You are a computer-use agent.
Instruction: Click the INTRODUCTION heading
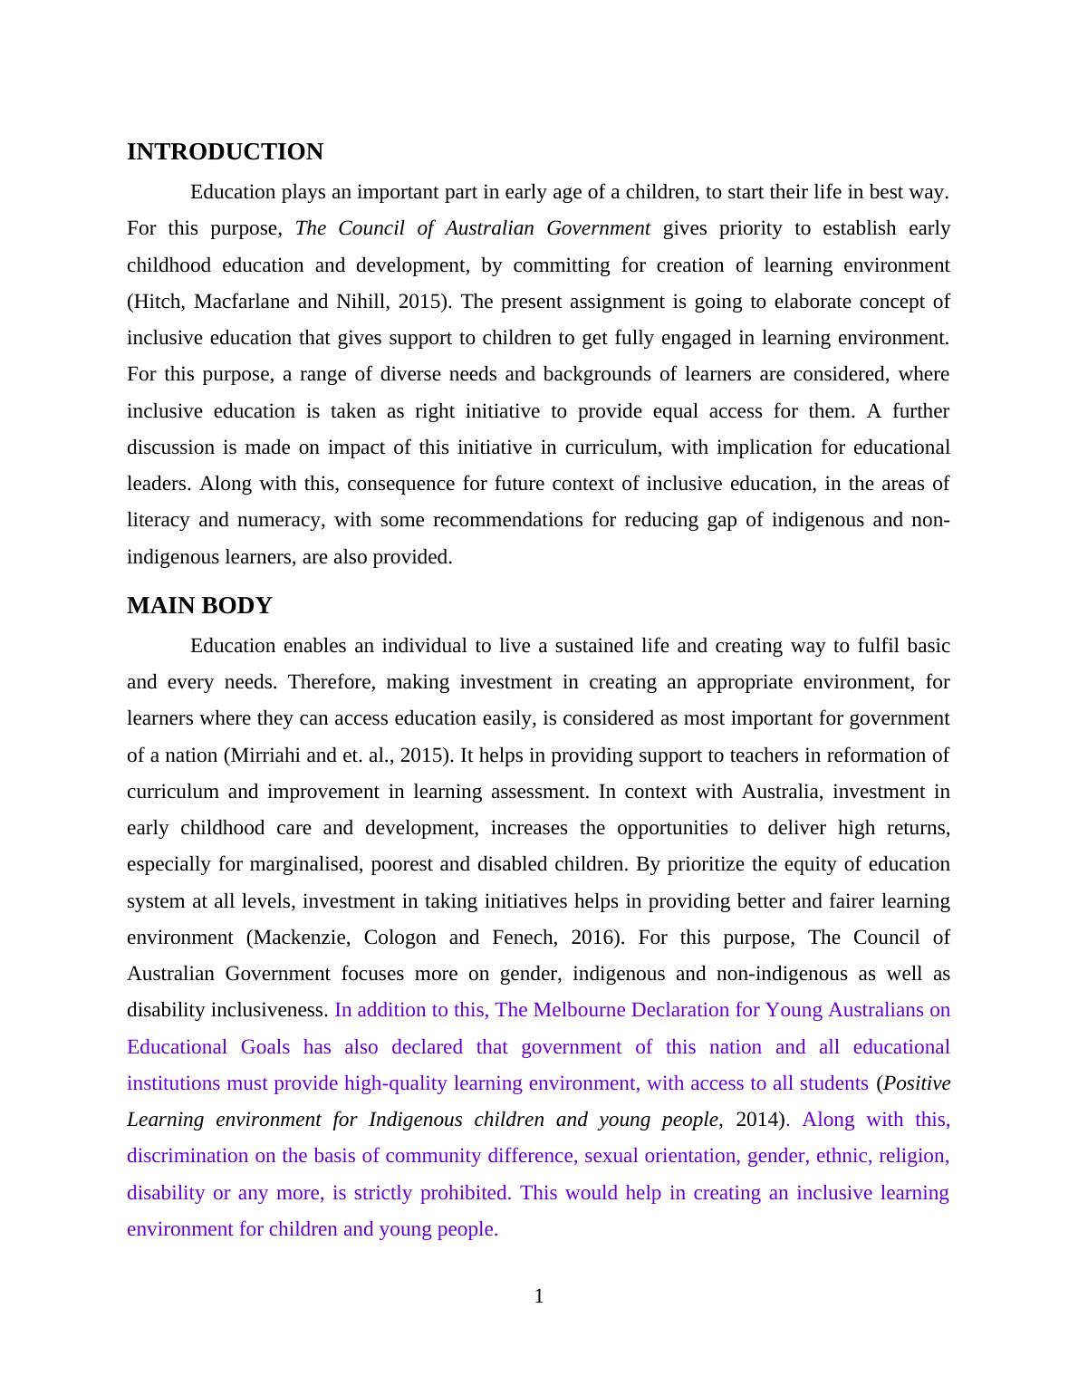[225, 152]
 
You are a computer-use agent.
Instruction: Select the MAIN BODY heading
[199, 606]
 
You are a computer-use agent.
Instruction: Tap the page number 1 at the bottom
[539, 1296]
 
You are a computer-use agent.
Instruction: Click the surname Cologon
[399, 938]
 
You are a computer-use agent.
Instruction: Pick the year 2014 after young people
[757, 1120]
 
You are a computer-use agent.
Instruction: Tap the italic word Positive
[917, 1083]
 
